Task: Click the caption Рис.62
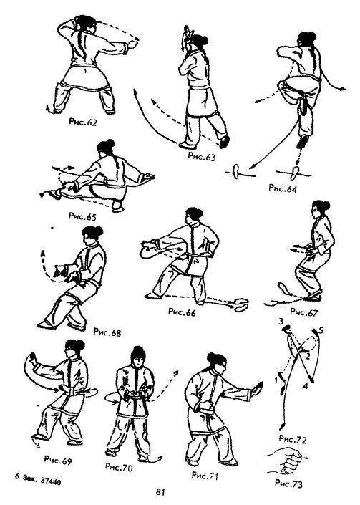pyautogui.click(x=83, y=122)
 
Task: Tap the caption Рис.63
pyautogui.click(x=202, y=157)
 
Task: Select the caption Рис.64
pyautogui.click(x=283, y=188)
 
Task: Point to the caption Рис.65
pyautogui.click(x=82, y=216)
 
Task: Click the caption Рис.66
pyautogui.click(x=182, y=312)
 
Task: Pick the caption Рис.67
pyautogui.click(x=304, y=312)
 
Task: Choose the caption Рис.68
pyautogui.click(x=107, y=332)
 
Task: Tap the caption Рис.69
pyautogui.click(x=58, y=460)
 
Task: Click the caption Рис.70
pyautogui.click(x=119, y=467)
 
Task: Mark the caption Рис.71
pyautogui.click(x=205, y=476)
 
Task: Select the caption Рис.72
pyautogui.click(x=293, y=439)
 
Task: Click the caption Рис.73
pyautogui.click(x=289, y=484)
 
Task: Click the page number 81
pyautogui.click(x=161, y=492)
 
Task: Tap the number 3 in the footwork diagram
pyautogui.click(x=281, y=322)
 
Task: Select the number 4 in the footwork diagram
pyautogui.click(x=306, y=385)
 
